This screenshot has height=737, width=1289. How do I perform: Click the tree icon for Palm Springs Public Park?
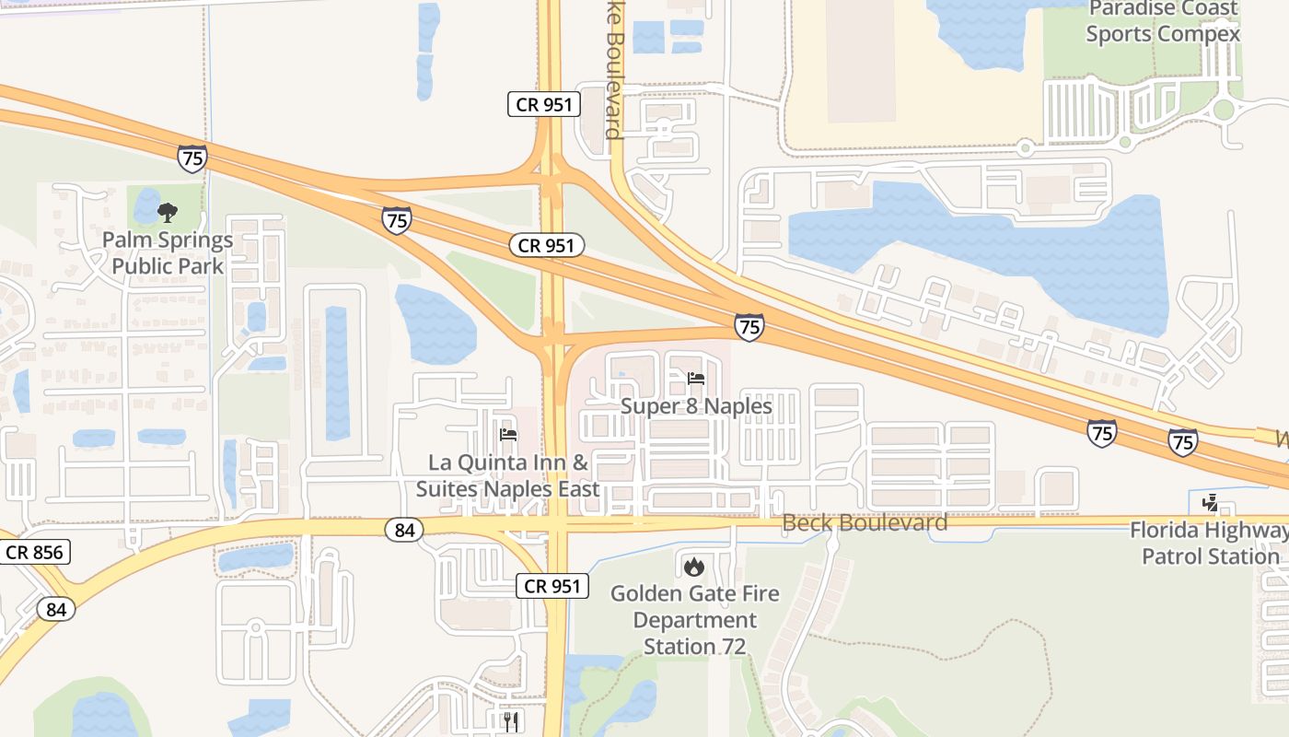pos(168,214)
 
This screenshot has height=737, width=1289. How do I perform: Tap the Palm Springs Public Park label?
pos(168,253)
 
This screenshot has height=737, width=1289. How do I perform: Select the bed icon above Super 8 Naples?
pos(696,379)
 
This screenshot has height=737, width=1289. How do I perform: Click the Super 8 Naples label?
pos(696,405)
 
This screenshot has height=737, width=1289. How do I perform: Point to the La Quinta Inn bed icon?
pos(507,435)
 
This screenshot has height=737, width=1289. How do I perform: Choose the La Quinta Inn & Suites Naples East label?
pos(507,475)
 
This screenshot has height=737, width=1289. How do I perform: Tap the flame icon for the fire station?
pos(694,566)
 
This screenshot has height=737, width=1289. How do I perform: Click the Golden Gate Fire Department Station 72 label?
pos(694,619)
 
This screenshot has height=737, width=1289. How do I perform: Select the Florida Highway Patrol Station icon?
pos(1211,503)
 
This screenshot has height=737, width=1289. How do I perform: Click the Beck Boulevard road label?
pos(865,523)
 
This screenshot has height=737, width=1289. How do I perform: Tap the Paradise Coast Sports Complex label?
pos(1162,21)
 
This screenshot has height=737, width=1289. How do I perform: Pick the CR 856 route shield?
pos(34,553)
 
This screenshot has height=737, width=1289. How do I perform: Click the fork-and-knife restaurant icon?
pos(511,720)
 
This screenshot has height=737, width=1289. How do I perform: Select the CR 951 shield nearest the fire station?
pos(552,586)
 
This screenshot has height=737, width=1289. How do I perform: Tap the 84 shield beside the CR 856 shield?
pos(56,609)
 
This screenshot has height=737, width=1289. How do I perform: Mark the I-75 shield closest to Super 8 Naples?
pos(749,327)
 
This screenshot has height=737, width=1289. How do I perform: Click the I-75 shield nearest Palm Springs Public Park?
pos(192,158)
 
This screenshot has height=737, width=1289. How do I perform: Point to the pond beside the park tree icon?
pos(145,204)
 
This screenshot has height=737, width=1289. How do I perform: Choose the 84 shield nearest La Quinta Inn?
pos(403,530)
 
